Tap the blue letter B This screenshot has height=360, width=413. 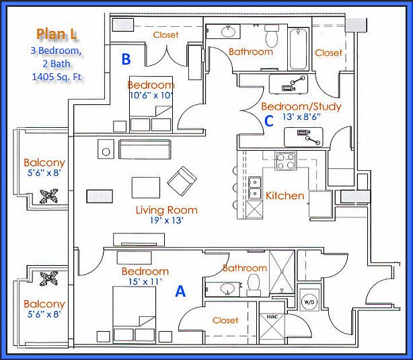coord(125,59)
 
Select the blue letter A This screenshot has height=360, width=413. coord(180,291)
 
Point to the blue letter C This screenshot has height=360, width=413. coord(268,121)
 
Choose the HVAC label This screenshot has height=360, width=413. coord(272,316)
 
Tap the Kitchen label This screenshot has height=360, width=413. coord(285,196)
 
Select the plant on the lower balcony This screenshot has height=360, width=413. coord(49,277)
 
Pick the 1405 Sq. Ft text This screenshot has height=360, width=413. coord(57,77)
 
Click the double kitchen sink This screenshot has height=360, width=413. coord(254,188)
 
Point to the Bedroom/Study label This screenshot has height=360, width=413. coord(301,106)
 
